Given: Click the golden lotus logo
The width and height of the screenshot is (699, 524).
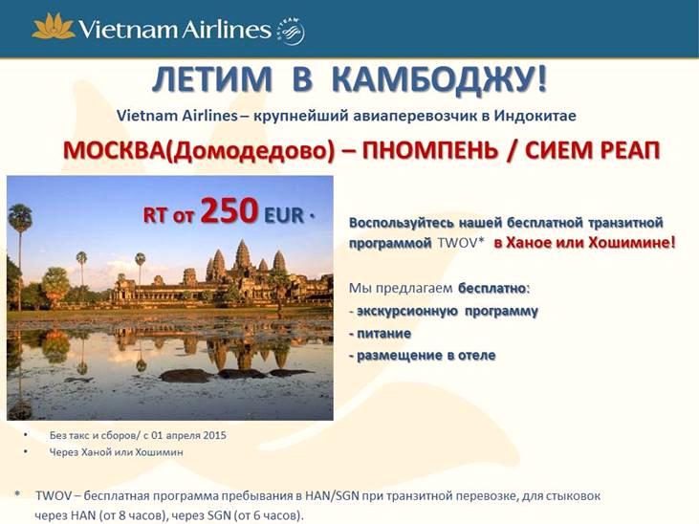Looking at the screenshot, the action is coord(54,27).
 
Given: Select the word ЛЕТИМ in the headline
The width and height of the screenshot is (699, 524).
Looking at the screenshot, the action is coord(211,79).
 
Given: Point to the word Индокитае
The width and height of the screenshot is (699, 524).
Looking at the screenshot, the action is coord(535,116).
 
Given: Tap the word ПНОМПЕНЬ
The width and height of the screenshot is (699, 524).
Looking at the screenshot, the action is coord(429,150).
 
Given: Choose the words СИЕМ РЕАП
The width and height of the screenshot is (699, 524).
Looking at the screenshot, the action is coord(593,150).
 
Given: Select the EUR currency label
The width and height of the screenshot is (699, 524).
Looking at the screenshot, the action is coord(284,215).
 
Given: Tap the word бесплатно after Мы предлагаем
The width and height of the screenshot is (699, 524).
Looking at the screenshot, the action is coord(492,288).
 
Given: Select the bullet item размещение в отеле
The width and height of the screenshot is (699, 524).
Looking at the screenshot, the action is coord(422,356).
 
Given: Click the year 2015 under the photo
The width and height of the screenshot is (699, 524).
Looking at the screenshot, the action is coord(214,435).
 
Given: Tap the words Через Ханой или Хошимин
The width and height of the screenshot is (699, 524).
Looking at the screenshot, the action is coord(116,452).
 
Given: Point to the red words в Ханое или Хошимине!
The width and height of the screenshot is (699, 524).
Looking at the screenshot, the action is coord(584,243).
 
